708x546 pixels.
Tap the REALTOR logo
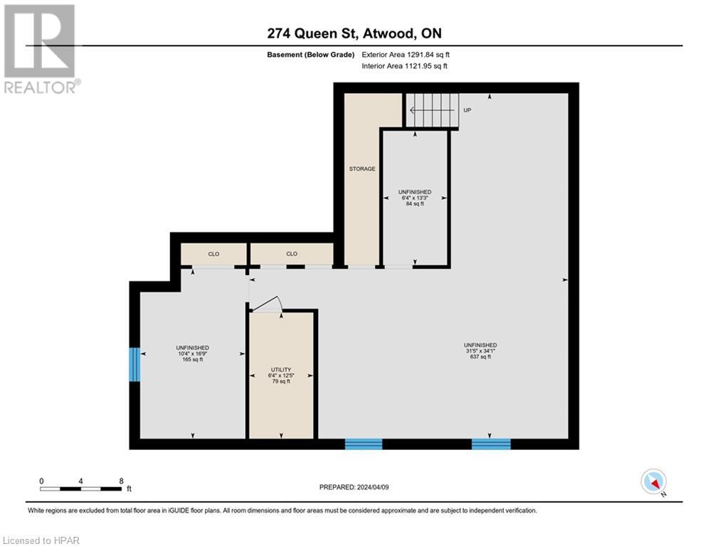pyautogui.click(x=41, y=50)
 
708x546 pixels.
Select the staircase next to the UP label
pyautogui.click(x=432, y=110)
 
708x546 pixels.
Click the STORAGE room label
pyautogui.click(x=362, y=169)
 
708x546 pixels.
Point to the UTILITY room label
pyautogui.click(x=281, y=370)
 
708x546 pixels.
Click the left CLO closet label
pyautogui.click(x=213, y=254)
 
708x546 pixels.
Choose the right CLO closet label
pyautogui.click(x=292, y=254)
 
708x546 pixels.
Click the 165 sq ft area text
pyautogui.click(x=192, y=360)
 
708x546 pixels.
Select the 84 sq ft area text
pyautogui.click(x=415, y=204)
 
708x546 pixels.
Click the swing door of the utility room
pyautogui.click(x=267, y=305)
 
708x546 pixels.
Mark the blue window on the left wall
pyautogui.click(x=134, y=364)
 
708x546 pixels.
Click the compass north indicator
pyautogui.click(x=652, y=482)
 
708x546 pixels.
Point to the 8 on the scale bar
pyautogui.click(x=122, y=481)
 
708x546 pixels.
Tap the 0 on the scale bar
pyautogui.click(x=41, y=481)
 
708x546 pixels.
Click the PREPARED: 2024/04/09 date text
pyautogui.click(x=353, y=487)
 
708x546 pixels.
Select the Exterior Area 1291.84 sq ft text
pyautogui.click(x=406, y=54)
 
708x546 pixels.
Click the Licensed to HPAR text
pyautogui.click(x=41, y=540)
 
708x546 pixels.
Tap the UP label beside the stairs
pyautogui.click(x=467, y=110)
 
